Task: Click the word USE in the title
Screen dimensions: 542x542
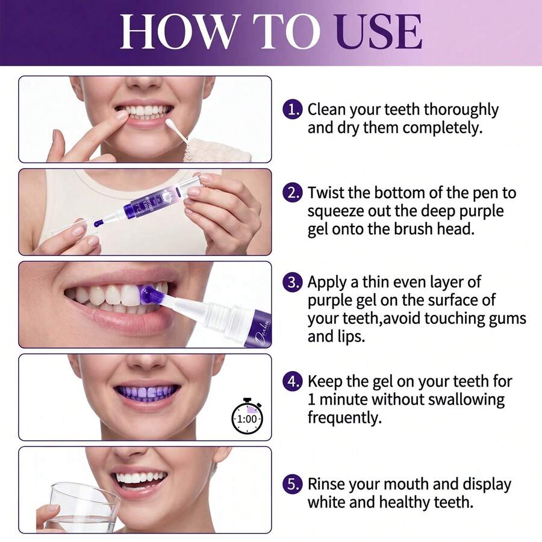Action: click(x=379, y=32)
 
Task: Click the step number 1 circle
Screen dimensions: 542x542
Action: click(x=293, y=110)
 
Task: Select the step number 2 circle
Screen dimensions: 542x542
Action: click(x=293, y=193)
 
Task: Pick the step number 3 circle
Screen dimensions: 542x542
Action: click(x=293, y=282)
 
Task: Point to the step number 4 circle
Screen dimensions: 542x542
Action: click(x=293, y=381)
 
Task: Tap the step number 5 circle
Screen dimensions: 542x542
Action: click(x=293, y=484)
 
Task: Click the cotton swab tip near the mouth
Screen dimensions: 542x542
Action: click(x=171, y=123)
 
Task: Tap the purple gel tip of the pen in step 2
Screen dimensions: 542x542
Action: click(x=98, y=223)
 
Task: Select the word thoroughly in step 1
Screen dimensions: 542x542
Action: click(x=461, y=110)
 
